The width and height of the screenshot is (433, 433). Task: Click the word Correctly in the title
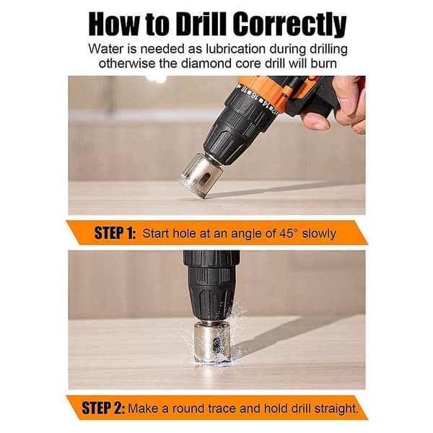pos(289,25)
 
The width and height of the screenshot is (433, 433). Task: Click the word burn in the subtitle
pos(323,64)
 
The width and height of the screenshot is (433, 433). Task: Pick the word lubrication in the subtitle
pos(236,49)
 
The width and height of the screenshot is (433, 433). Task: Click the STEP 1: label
pos(115,233)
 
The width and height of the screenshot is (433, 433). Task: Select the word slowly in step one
pos(319,234)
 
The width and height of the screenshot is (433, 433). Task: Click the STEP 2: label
pos(103,408)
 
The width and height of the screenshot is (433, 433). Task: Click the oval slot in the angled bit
pos(205,179)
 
